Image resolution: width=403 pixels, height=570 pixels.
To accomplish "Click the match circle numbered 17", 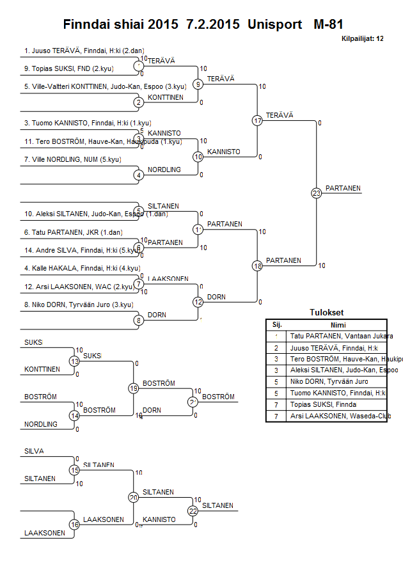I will [258, 120].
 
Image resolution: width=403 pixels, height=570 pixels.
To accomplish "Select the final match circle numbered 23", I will [317, 193].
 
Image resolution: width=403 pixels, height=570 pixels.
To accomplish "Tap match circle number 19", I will [134, 388].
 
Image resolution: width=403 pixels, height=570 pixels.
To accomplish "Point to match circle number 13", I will [75, 361].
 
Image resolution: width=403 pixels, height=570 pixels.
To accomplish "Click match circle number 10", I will [198, 156].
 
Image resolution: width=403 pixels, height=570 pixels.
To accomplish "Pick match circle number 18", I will [258, 265].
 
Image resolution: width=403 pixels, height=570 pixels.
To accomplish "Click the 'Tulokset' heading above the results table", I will [326, 313].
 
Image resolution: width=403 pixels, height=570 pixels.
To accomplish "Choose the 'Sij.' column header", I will [276, 324].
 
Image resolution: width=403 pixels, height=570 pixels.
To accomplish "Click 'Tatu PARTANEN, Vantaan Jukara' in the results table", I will [341, 336].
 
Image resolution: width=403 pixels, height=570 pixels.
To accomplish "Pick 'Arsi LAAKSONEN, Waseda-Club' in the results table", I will [339, 416].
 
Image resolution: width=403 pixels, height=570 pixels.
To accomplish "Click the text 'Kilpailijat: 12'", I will [362, 38].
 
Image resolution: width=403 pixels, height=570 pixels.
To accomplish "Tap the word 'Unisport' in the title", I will [276, 25].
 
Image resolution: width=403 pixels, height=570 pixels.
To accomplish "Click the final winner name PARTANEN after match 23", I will [343, 188].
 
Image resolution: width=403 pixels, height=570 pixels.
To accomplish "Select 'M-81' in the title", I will [328, 25].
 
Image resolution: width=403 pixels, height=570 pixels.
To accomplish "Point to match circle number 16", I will [75, 525].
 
